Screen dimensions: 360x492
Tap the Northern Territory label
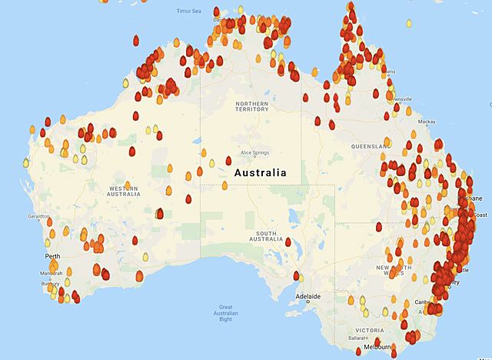click(252, 106)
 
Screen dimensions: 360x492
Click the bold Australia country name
click(261, 173)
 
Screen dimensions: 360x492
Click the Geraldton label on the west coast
click(38, 217)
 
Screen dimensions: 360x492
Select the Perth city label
click(52, 256)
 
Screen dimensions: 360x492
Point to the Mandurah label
click(52, 273)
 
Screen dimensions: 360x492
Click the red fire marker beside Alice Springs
click(229, 161)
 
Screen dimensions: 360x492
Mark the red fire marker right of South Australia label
click(288, 242)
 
